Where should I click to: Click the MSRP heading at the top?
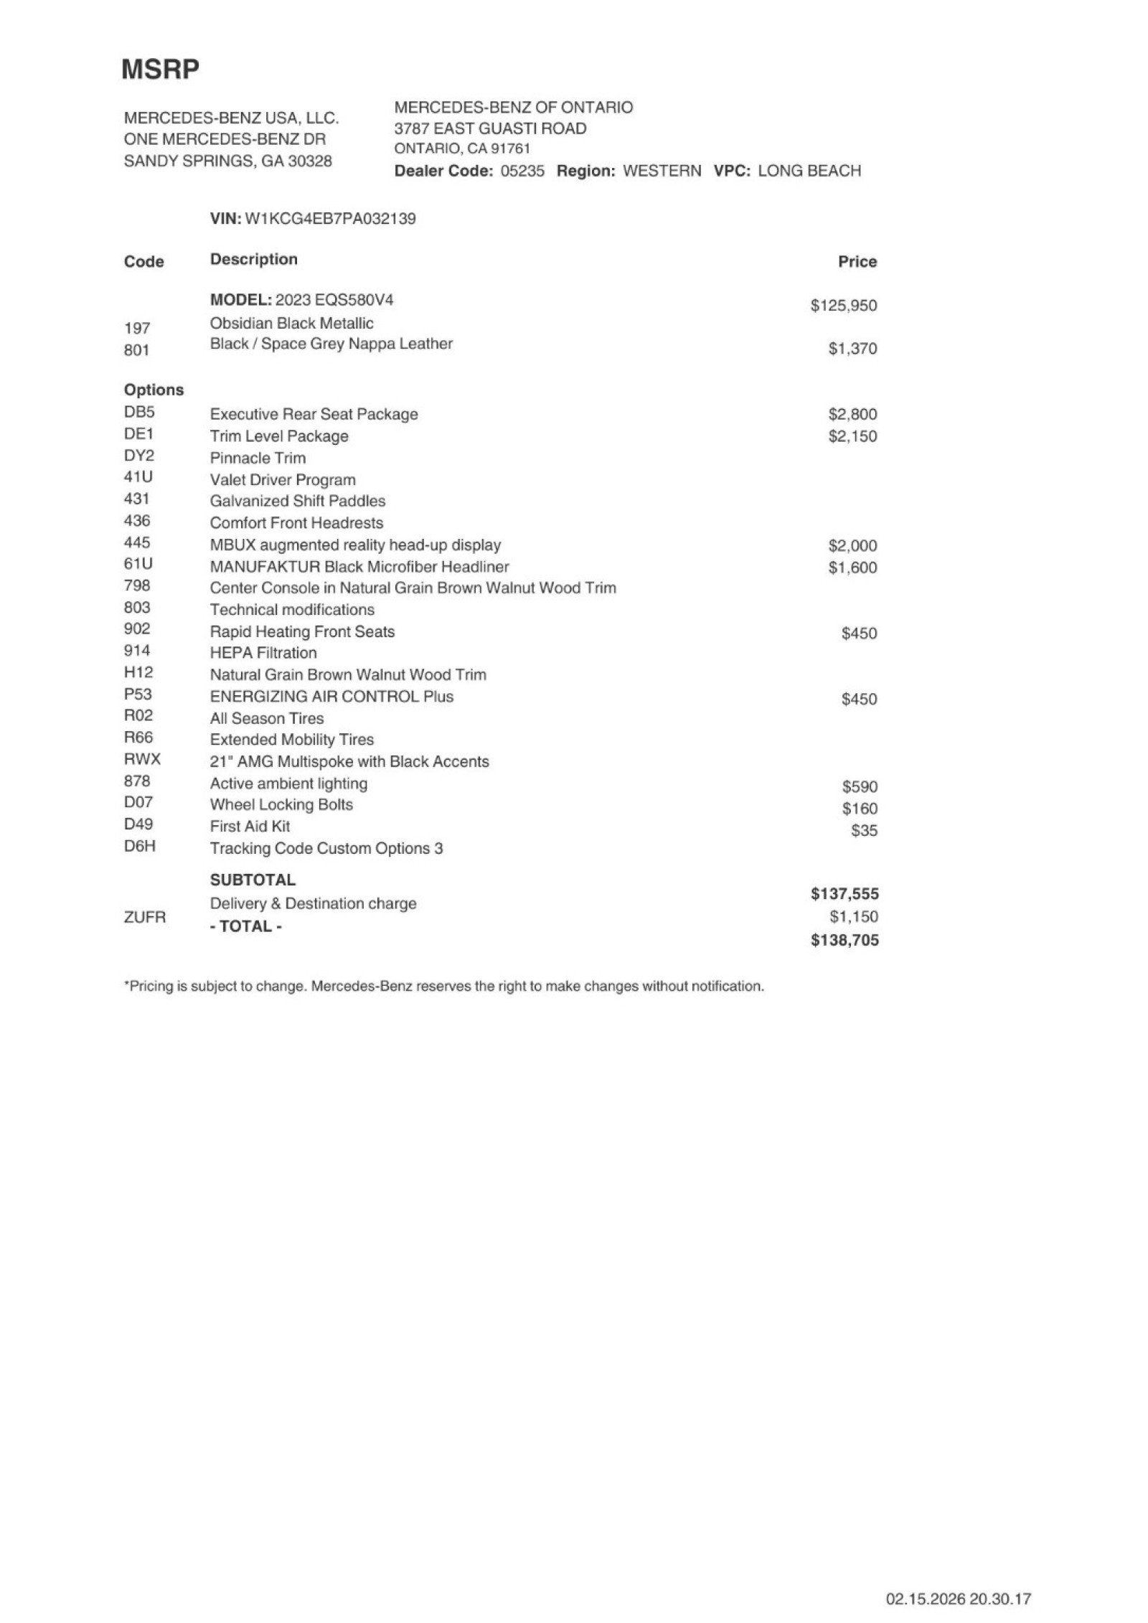[160, 70]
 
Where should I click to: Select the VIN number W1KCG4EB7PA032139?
[330, 218]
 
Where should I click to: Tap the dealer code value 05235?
[522, 171]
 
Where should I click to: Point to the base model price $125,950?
[843, 306]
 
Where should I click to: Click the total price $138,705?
[844, 940]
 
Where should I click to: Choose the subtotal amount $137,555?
[844, 894]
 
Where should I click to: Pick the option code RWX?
[142, 759]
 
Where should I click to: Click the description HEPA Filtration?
[263, 653]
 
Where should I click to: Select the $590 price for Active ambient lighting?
[860, 787]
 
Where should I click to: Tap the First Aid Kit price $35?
[864, 831]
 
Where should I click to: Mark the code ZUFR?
[144, 917]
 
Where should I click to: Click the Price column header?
[857, 262]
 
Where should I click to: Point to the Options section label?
[154, 390]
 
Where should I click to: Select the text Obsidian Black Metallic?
[291, 323]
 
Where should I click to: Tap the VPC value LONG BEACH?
[809, 171]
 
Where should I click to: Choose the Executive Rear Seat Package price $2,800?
[852, 415]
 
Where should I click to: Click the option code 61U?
[138, 564]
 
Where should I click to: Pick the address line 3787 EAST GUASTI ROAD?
[490, 128]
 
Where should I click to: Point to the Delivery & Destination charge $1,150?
[854, 917]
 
